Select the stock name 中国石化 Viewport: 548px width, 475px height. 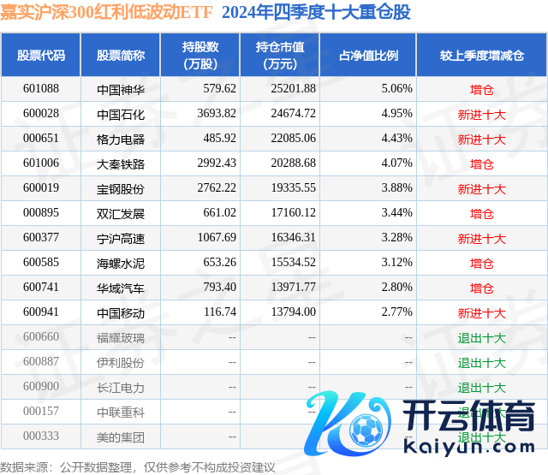pos(121,114)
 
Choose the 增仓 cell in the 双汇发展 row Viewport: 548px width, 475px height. pos(482,213)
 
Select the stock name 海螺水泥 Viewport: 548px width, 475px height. pos(121,263)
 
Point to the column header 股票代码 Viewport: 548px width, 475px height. pos(41,56)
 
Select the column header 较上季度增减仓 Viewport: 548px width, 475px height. pos(482,56)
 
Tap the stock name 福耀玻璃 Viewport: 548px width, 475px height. pos(121,337)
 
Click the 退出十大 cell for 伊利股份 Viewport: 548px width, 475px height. pos(482,362)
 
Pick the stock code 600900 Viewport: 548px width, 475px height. pos(41,387)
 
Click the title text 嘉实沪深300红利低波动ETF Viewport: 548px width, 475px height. pos(106,12)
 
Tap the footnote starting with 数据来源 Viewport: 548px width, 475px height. pos(138,467)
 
